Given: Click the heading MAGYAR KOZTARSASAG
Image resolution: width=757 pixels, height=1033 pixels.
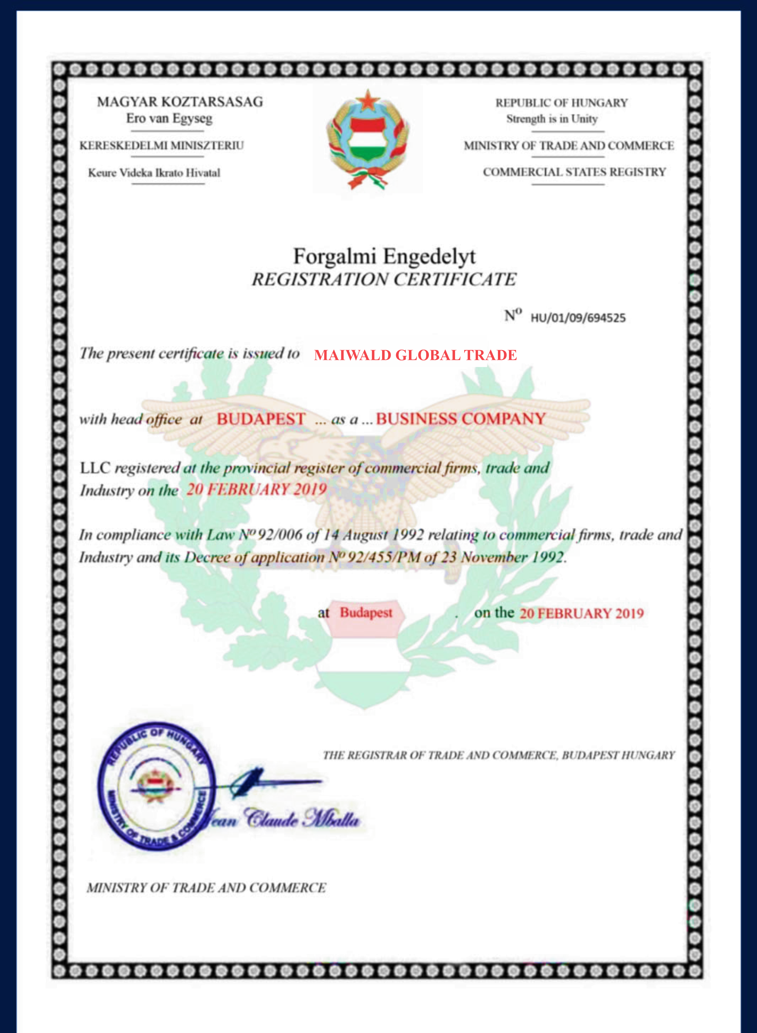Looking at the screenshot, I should (180, 102).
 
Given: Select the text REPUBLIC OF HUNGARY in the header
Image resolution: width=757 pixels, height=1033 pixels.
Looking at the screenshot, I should (561, 103).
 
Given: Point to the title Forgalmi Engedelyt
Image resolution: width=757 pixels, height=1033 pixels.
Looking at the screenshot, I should (384, 256).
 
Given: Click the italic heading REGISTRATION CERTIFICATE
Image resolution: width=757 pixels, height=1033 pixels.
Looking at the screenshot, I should (384, 279).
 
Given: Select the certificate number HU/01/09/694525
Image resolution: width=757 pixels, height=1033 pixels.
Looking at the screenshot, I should (578, 318).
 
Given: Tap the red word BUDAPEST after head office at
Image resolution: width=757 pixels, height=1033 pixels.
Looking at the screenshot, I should (261, 419).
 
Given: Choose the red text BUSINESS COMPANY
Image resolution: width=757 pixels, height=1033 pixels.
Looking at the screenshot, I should (461, 419).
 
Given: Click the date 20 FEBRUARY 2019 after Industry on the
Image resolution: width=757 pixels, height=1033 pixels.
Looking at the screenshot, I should (256, 490).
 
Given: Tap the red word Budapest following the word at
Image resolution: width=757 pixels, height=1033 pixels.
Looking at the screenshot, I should (366, 613).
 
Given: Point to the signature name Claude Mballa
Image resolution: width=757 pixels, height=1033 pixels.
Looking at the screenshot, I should (302, 819).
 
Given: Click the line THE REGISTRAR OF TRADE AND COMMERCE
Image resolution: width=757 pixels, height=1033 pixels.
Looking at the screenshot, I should (499, 755).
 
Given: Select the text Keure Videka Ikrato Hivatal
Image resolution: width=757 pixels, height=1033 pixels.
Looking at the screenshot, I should (154, 173).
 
